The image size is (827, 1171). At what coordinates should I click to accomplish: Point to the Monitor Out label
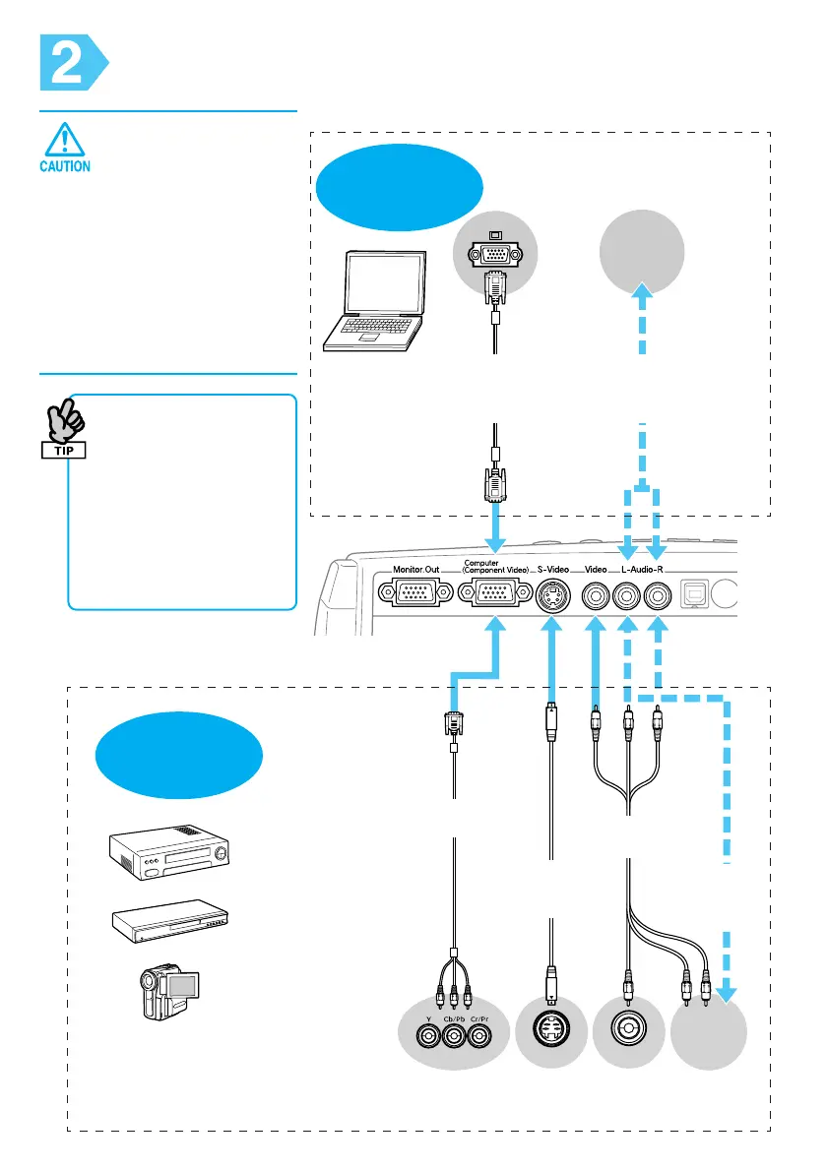pos(420,570)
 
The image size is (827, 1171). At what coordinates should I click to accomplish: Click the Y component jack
pos(427,1036)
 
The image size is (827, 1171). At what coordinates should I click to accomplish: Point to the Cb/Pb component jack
pos(453,1036)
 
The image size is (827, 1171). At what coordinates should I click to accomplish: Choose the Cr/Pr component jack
pos(478,1036)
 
